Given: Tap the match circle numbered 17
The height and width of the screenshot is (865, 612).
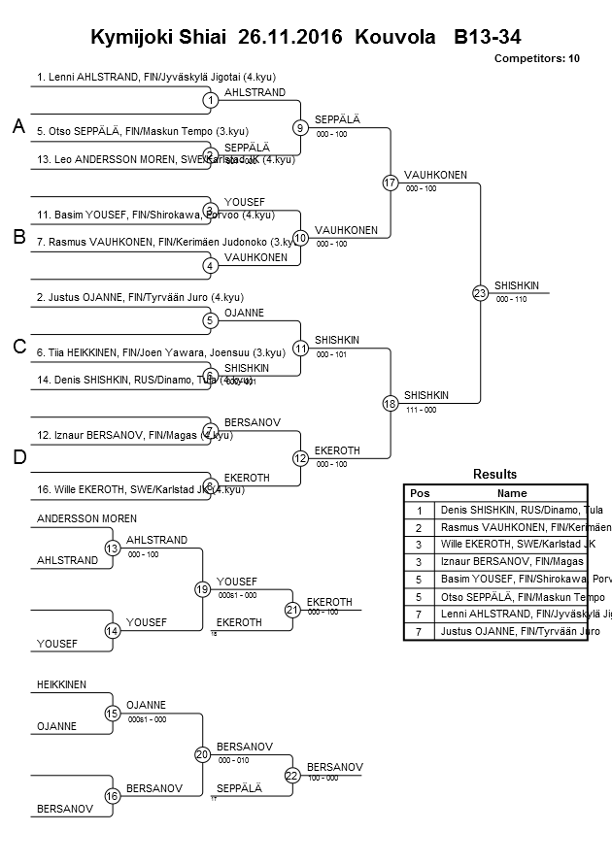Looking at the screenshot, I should (x=390, y=183).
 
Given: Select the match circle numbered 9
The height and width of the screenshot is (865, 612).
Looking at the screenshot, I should (x=300, y=127).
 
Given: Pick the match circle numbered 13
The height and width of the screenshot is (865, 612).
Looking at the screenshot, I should (x=113, y=549).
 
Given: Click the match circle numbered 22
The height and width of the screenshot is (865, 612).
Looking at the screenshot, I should (x=291, y=775).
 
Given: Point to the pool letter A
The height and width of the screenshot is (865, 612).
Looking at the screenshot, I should (x=18, y=127).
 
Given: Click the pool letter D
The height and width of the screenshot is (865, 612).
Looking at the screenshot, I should (x=18, y=456).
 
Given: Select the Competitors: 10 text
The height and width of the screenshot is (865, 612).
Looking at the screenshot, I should (x=536, y=59).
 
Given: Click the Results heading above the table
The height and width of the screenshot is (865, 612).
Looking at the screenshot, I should (x=494, y=475).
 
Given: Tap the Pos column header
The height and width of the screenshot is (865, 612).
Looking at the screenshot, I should (x=420, y=493).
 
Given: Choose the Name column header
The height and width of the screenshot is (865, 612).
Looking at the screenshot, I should (x=512, y=493).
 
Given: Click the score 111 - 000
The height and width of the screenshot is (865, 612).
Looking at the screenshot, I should (x=420, y=410).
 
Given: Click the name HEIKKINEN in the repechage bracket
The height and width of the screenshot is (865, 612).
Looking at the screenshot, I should (x=61, y=684).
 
